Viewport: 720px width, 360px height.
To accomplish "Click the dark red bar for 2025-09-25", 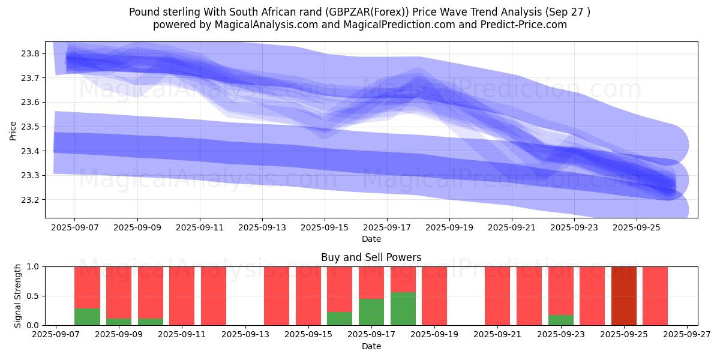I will point(624,296).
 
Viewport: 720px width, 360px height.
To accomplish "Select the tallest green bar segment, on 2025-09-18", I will point(403,309).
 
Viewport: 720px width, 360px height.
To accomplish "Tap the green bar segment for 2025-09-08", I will point(87,317).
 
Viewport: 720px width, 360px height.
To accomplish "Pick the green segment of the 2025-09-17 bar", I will point(371,312).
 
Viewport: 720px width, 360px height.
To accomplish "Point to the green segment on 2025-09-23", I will point(561,320).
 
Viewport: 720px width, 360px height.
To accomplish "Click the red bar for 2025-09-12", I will point(214,296).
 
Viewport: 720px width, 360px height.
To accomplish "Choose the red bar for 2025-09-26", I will point(655,296).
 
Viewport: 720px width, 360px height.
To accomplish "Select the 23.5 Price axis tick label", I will point(31,127).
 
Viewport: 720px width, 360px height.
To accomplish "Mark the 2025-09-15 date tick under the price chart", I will point(325,227).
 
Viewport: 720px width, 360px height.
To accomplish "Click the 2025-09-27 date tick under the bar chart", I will point(687,335).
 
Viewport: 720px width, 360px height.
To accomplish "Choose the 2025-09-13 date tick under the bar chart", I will point(245,335).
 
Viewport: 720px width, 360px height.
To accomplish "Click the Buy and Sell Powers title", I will point(371,257).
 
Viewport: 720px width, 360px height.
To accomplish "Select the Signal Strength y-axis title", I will point(18,296).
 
